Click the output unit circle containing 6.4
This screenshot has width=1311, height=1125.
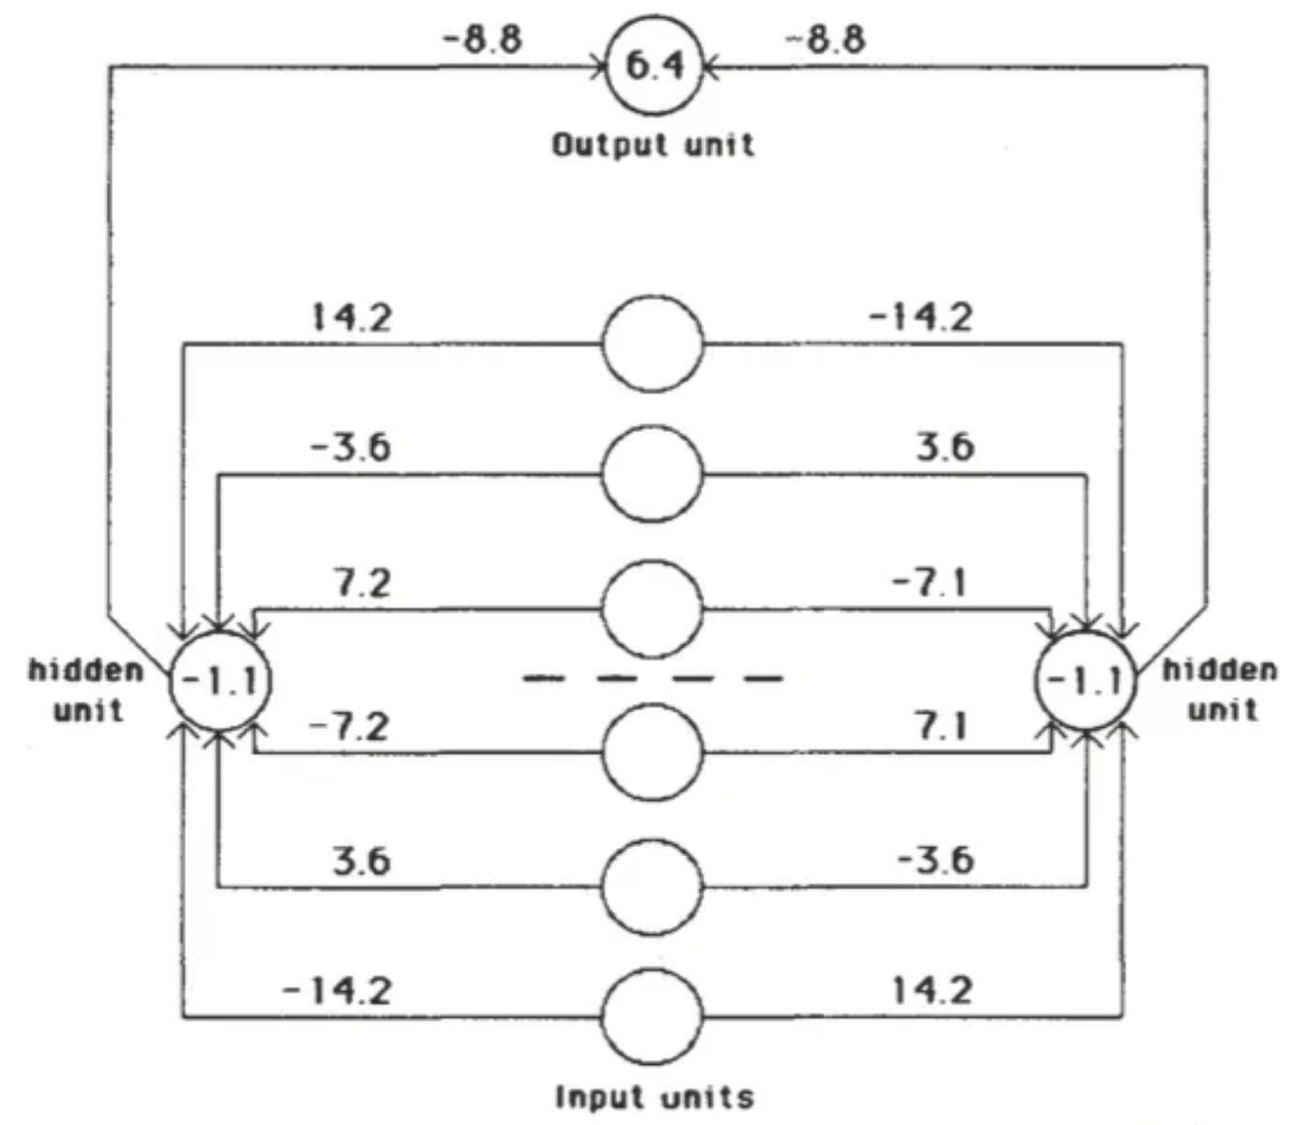pyautogui.click(x=654, y=68)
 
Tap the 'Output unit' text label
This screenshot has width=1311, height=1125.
pyautogui.click(x=653, y=145)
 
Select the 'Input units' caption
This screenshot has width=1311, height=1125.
pyautogui.click(x=655, y=1096)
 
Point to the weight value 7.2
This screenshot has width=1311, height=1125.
pyautogui.click(x=362, y=583)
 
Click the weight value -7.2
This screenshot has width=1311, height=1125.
pyautogui.click(x=348, y=726)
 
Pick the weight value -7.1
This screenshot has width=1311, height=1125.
pyautogui.click(x=929, y=583)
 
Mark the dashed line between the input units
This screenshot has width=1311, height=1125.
pyautogui.click(x=653, y=677)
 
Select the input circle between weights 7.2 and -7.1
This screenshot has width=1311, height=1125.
pyautogui.click(x=652, y=609)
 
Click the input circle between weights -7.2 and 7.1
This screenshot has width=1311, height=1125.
pyautogui.click(x=652, y=751)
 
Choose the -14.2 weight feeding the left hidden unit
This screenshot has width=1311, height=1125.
pyautogui.click(x=337, y=990)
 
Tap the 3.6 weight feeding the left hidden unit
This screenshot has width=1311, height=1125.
pyautogui.click(x=361, y=860)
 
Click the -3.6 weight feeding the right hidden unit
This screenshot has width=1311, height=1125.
pyautogui.click(x=935, y=860)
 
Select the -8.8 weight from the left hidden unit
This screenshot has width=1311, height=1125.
pyautogui.click(x=482, y=39)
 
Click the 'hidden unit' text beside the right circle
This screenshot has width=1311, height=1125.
pyautogui.click(x=1220, y=688)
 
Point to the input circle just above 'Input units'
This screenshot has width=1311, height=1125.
pyautogui.click(x=652, y=1018)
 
